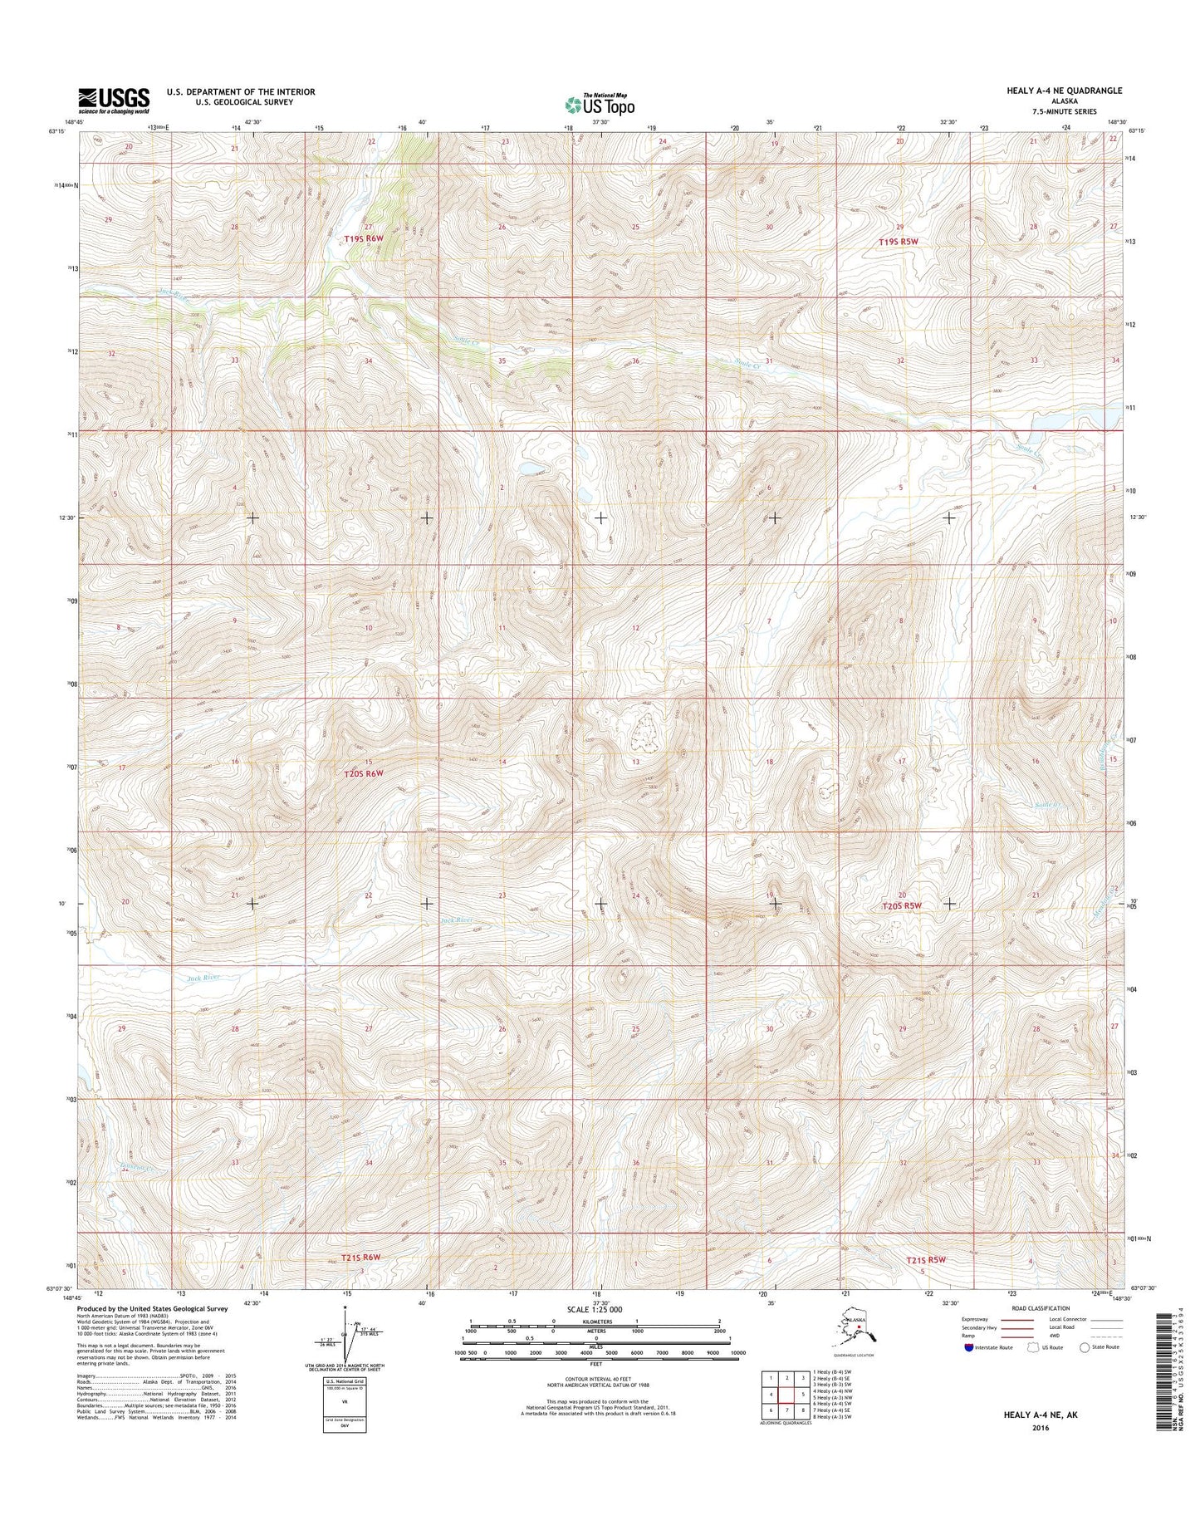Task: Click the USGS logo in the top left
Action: coord(114,100)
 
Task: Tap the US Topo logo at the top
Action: coord(600,105)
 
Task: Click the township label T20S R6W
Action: coord(364,773)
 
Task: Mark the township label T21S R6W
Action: coord(353,1258)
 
